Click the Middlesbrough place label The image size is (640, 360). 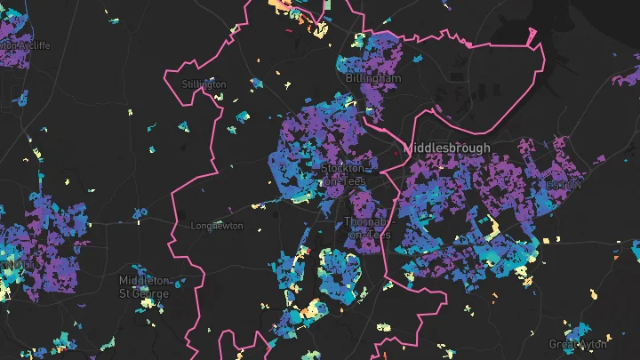pos(446,147)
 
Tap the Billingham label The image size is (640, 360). pos(375,78)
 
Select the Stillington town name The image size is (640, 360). pos(204,84)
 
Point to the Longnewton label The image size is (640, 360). pos(216,226)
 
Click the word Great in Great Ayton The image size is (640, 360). pos(564,344)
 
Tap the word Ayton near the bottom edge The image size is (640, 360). pos(593,344)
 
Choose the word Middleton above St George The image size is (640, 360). pos(144,280)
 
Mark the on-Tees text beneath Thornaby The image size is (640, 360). pos(364,234)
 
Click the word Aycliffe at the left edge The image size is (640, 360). pos(31,45)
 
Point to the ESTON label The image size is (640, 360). pos(564,185)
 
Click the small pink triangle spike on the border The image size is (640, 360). pos(532,36)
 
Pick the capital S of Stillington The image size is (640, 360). pos(184,84)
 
